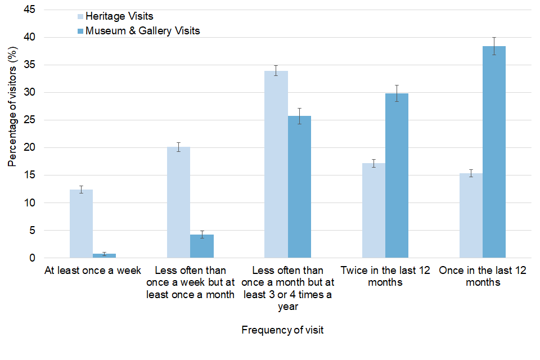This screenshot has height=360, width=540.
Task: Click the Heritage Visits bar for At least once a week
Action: point(81,224)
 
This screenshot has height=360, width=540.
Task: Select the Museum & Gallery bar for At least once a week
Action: point(104,255)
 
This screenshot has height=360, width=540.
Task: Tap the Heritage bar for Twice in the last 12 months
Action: point(373,210)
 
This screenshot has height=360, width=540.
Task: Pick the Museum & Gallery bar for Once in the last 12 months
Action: point(494,152)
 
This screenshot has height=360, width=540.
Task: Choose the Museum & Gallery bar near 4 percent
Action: point(202,246)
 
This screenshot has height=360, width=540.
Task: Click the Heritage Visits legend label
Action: point(119,16)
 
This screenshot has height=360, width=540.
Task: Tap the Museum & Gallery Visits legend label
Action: point(142,31)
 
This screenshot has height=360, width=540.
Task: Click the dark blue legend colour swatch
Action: point(80,31)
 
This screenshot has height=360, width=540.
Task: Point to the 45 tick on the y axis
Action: point(29,10)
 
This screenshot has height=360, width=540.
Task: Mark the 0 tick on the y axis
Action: point(32,258)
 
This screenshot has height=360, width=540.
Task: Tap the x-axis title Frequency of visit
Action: point(282,330)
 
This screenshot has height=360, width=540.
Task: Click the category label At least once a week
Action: point(92,271)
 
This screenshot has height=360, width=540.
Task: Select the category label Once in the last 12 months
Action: point(483,276)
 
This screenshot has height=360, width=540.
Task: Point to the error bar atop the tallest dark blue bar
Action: point(494,46)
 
